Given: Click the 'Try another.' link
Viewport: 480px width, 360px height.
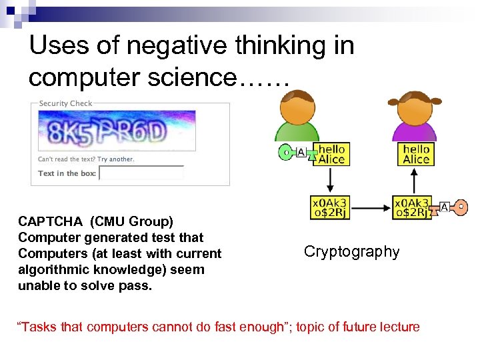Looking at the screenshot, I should pos(116,159).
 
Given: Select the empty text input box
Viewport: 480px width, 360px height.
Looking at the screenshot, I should pos(141,173).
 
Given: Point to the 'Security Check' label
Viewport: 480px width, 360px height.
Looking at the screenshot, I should pos(65,103).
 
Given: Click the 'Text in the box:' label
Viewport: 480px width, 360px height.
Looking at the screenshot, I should pos(67,173).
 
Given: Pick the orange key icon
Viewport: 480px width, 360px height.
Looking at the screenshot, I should pos(459,207).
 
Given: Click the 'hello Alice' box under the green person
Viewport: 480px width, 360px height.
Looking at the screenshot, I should pos(331,154).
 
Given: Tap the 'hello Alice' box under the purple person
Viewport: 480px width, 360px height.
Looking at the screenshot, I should pos(416,154).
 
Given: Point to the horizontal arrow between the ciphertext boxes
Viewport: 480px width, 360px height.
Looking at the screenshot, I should pos(371,207).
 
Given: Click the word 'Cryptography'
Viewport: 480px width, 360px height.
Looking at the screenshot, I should pos(351,251).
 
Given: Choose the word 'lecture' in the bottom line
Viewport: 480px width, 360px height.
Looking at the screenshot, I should pos(397,327).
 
